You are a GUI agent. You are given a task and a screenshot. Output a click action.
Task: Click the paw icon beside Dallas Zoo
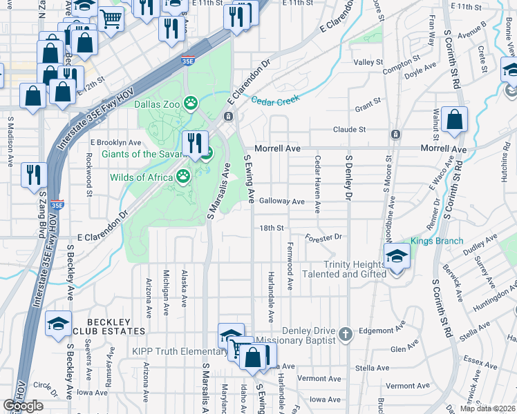point(191,104)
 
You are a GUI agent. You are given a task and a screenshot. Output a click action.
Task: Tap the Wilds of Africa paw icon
point(183,177)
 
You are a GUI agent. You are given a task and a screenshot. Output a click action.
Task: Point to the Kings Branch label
point(432,241)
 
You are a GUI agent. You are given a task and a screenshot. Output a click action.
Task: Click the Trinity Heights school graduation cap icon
point(397,259)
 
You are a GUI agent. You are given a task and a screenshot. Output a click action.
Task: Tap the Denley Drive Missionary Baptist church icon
point(346,335)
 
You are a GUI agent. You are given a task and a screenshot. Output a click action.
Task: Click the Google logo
point(23,406)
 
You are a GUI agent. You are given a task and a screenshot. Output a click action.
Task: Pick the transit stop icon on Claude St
point(394,133)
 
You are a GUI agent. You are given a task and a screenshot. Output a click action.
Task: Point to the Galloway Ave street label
point(281,201)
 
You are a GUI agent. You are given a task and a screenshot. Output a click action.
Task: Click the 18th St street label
point(272,228)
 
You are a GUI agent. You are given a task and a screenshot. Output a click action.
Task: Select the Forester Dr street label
point(323,237)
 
